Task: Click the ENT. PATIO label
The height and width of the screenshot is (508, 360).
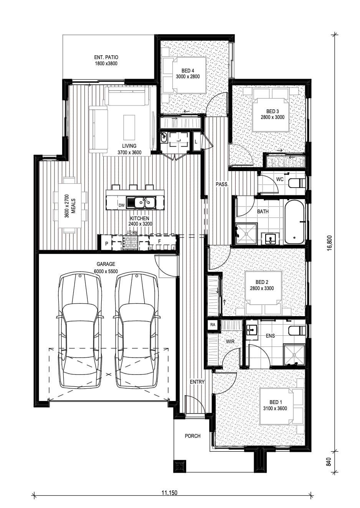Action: [106, 58]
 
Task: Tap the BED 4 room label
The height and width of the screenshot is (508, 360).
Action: [188, 71]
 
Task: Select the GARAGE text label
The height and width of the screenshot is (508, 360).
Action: [106, 264]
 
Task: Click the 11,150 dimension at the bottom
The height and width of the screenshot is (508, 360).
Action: [170, 493]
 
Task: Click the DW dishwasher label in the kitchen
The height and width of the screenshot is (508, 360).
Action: [122, 206]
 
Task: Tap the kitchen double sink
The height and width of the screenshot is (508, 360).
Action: [141, 202]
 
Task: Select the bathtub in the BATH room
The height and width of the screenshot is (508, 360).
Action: [294, 222]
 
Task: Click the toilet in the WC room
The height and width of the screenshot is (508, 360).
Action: [297, 183]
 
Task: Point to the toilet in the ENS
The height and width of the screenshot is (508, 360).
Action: [297, 330]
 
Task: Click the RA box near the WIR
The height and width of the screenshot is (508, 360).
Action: [213, 325]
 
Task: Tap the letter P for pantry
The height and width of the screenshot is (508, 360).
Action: [107, 244]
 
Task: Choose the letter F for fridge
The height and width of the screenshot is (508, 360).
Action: [160, 241]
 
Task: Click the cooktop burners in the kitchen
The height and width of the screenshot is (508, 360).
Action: [130, 242]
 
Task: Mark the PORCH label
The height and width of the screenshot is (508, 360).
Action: [193, 436]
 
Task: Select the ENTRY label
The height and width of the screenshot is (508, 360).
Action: [197, 382]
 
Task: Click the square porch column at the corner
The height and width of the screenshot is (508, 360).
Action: [180, 466]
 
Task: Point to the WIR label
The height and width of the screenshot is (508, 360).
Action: [230, 341]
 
